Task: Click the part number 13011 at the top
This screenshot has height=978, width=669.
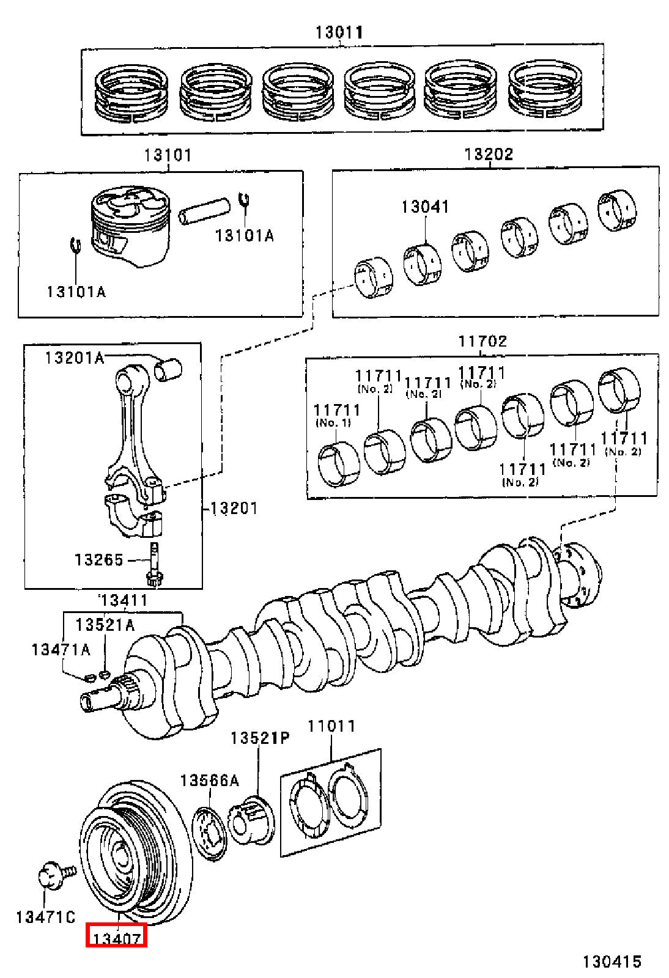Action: tap(339, 32)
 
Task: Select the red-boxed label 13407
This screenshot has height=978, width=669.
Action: tap(116, 938)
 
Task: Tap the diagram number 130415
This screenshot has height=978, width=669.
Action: tap(612, 960)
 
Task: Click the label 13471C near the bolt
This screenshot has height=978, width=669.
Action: tap(45, 917)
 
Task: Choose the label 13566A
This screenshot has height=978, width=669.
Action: tap(210, 780)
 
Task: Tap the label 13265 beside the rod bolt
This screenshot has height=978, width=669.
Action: tap(99, 559)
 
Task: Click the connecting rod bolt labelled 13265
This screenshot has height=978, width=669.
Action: tap(154, 564)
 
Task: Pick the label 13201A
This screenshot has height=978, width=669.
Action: tap(75, 358)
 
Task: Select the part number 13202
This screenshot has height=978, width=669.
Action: tap(489, 154)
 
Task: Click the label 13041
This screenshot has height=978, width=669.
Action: tap(426, 207)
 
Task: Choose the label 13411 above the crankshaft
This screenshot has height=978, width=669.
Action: tap(124, 601)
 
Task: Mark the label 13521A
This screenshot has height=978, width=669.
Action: tap(105, 625)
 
